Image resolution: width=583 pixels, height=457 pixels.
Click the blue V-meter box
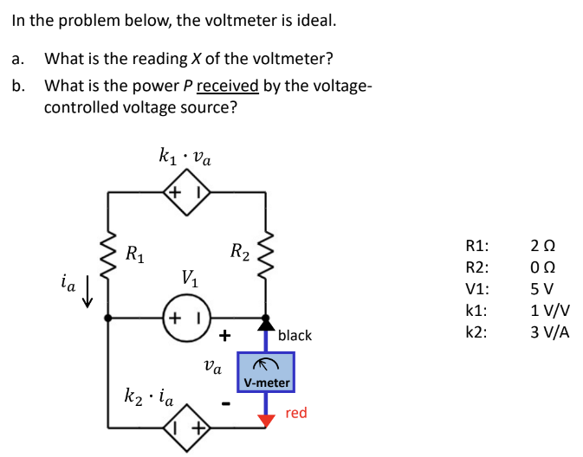pos(266,370)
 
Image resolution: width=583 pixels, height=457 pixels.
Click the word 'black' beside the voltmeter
pos(295,335)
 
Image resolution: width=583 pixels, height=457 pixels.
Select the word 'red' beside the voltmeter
pos(295,413)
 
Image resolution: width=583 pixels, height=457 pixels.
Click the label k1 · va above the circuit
pos(185,157)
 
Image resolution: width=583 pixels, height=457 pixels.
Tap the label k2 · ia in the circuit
pos(148,399)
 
